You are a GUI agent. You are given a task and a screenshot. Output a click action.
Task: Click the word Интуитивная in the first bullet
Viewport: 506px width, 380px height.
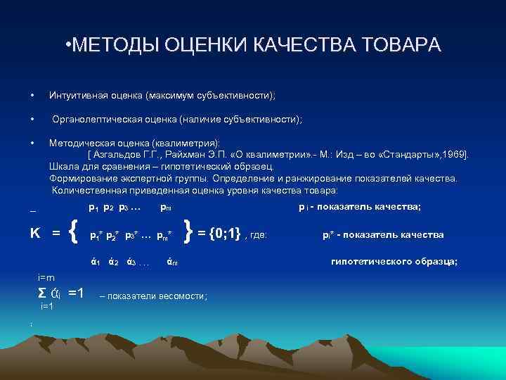(x=77, y=95)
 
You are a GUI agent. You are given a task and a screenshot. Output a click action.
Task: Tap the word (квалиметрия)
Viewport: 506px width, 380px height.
(x=185, y=143)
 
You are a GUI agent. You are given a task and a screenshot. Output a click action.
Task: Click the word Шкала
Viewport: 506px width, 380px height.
(x=64, y=167)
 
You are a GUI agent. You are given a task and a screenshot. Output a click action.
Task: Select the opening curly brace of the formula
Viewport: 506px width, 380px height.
(x=75, y=232)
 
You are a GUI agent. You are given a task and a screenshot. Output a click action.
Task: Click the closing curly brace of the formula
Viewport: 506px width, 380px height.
(x=188, y=232)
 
